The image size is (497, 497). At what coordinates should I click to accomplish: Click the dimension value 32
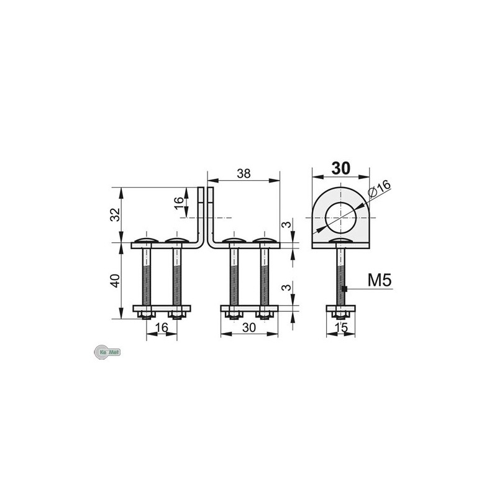114,214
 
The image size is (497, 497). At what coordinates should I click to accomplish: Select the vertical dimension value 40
114,281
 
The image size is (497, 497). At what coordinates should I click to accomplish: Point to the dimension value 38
244,175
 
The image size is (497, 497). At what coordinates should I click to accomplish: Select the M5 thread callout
379,281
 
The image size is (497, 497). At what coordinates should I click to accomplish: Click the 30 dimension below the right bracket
249,327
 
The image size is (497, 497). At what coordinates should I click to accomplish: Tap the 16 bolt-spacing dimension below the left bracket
162,327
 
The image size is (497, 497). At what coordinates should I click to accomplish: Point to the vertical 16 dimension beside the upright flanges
179,202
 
